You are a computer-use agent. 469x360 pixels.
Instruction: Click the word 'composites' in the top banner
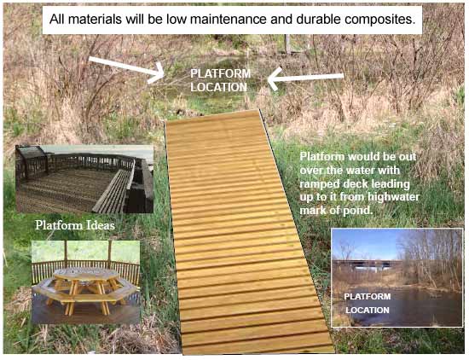point(379,20)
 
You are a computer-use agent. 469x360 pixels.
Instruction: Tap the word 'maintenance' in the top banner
point(228,20)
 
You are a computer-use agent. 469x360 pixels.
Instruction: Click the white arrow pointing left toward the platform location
point(305,78)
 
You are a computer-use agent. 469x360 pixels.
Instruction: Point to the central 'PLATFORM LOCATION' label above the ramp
point(221,80)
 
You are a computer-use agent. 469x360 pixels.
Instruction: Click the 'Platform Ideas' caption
point(75,225)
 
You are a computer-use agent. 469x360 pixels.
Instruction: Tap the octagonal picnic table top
point(86,274)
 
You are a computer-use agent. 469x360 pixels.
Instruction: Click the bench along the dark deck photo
point(113,192)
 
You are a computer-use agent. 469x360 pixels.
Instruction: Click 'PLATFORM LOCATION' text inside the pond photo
point(368,303)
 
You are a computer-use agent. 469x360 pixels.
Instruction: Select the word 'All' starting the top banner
point(57,20)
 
